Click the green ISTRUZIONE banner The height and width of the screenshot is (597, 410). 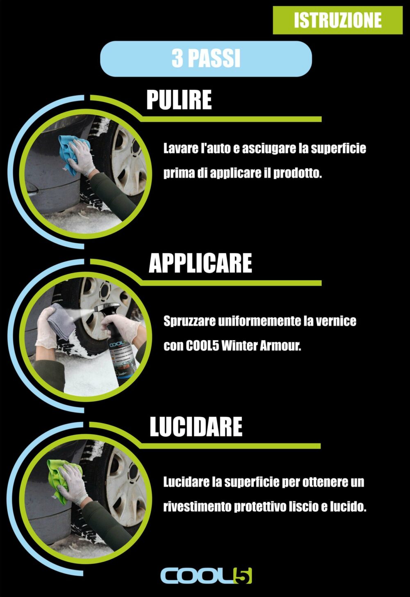pyautogui.click(x=337, y=20)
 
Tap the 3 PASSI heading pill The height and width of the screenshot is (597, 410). pyautogui.click(x=206, y=59)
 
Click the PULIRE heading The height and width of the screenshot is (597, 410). pyautogui.click(x=179, y=100)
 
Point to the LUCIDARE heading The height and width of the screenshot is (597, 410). pyautogui.click(x=196, y=426)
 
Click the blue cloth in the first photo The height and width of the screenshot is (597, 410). pyautogui.click(x=70, y=153)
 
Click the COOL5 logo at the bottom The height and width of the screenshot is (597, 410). pyautogui.click(x=206, y=576)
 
